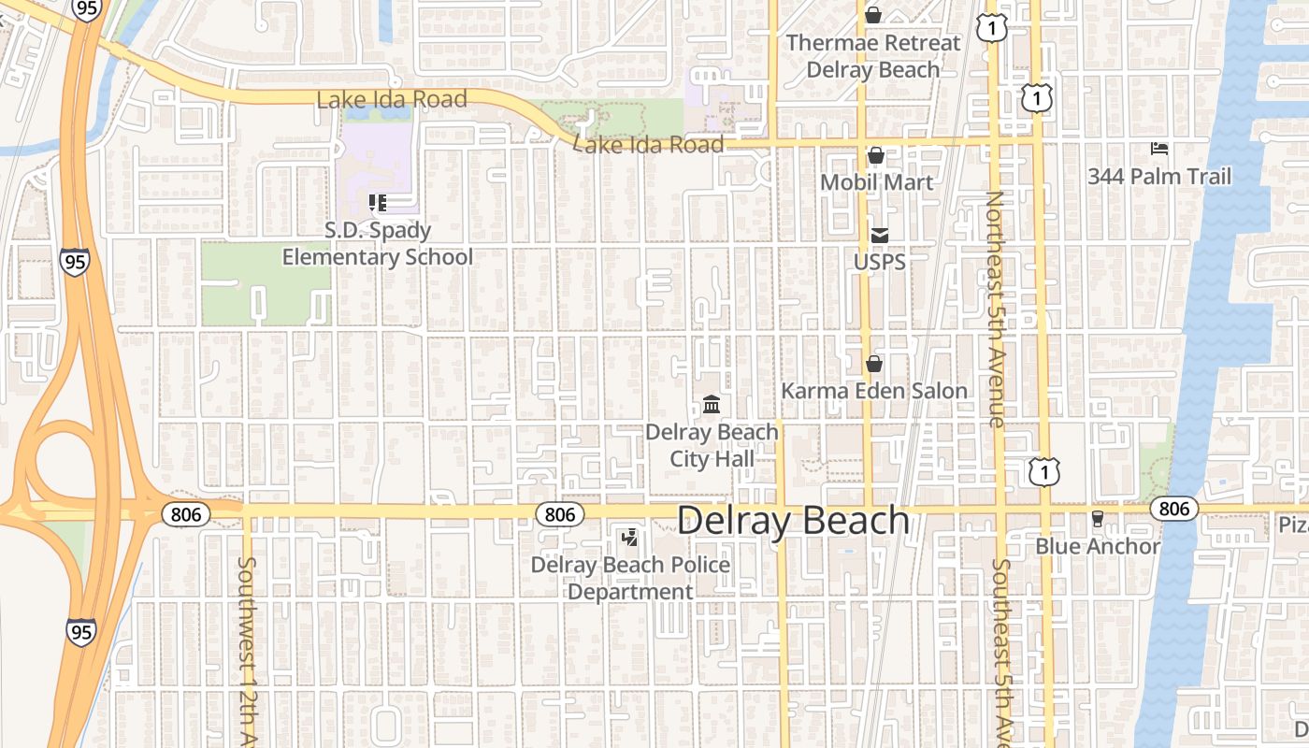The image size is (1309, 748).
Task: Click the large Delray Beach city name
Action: pos(793,521)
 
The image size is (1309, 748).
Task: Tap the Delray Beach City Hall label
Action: pos(712,445)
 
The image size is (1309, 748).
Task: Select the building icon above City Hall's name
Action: pos(712,406)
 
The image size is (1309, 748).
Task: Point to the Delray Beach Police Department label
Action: pos(630,578)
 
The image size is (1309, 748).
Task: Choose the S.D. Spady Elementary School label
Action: pos(378,243)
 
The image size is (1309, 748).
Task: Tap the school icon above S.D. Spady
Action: pos(378,203)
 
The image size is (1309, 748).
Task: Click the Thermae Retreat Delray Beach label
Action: pos(872,56)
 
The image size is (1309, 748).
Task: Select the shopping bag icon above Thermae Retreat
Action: pos(872,15)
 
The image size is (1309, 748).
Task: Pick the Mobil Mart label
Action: pos(876,181)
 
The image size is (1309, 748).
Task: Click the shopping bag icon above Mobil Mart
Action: pos(876,155)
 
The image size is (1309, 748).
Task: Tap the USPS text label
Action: pos(879,262)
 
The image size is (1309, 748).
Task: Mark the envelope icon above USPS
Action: pos(879,235)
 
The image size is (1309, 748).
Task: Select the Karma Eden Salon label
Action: pos(874,391)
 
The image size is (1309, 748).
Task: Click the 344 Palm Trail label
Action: pos(1158,176)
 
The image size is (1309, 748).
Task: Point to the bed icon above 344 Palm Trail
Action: pos(1159,149)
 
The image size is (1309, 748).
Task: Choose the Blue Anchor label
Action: pos(1097,546)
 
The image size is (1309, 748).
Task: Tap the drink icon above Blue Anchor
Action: pos(1098,518)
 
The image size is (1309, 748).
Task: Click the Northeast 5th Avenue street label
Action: pos(995,309)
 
